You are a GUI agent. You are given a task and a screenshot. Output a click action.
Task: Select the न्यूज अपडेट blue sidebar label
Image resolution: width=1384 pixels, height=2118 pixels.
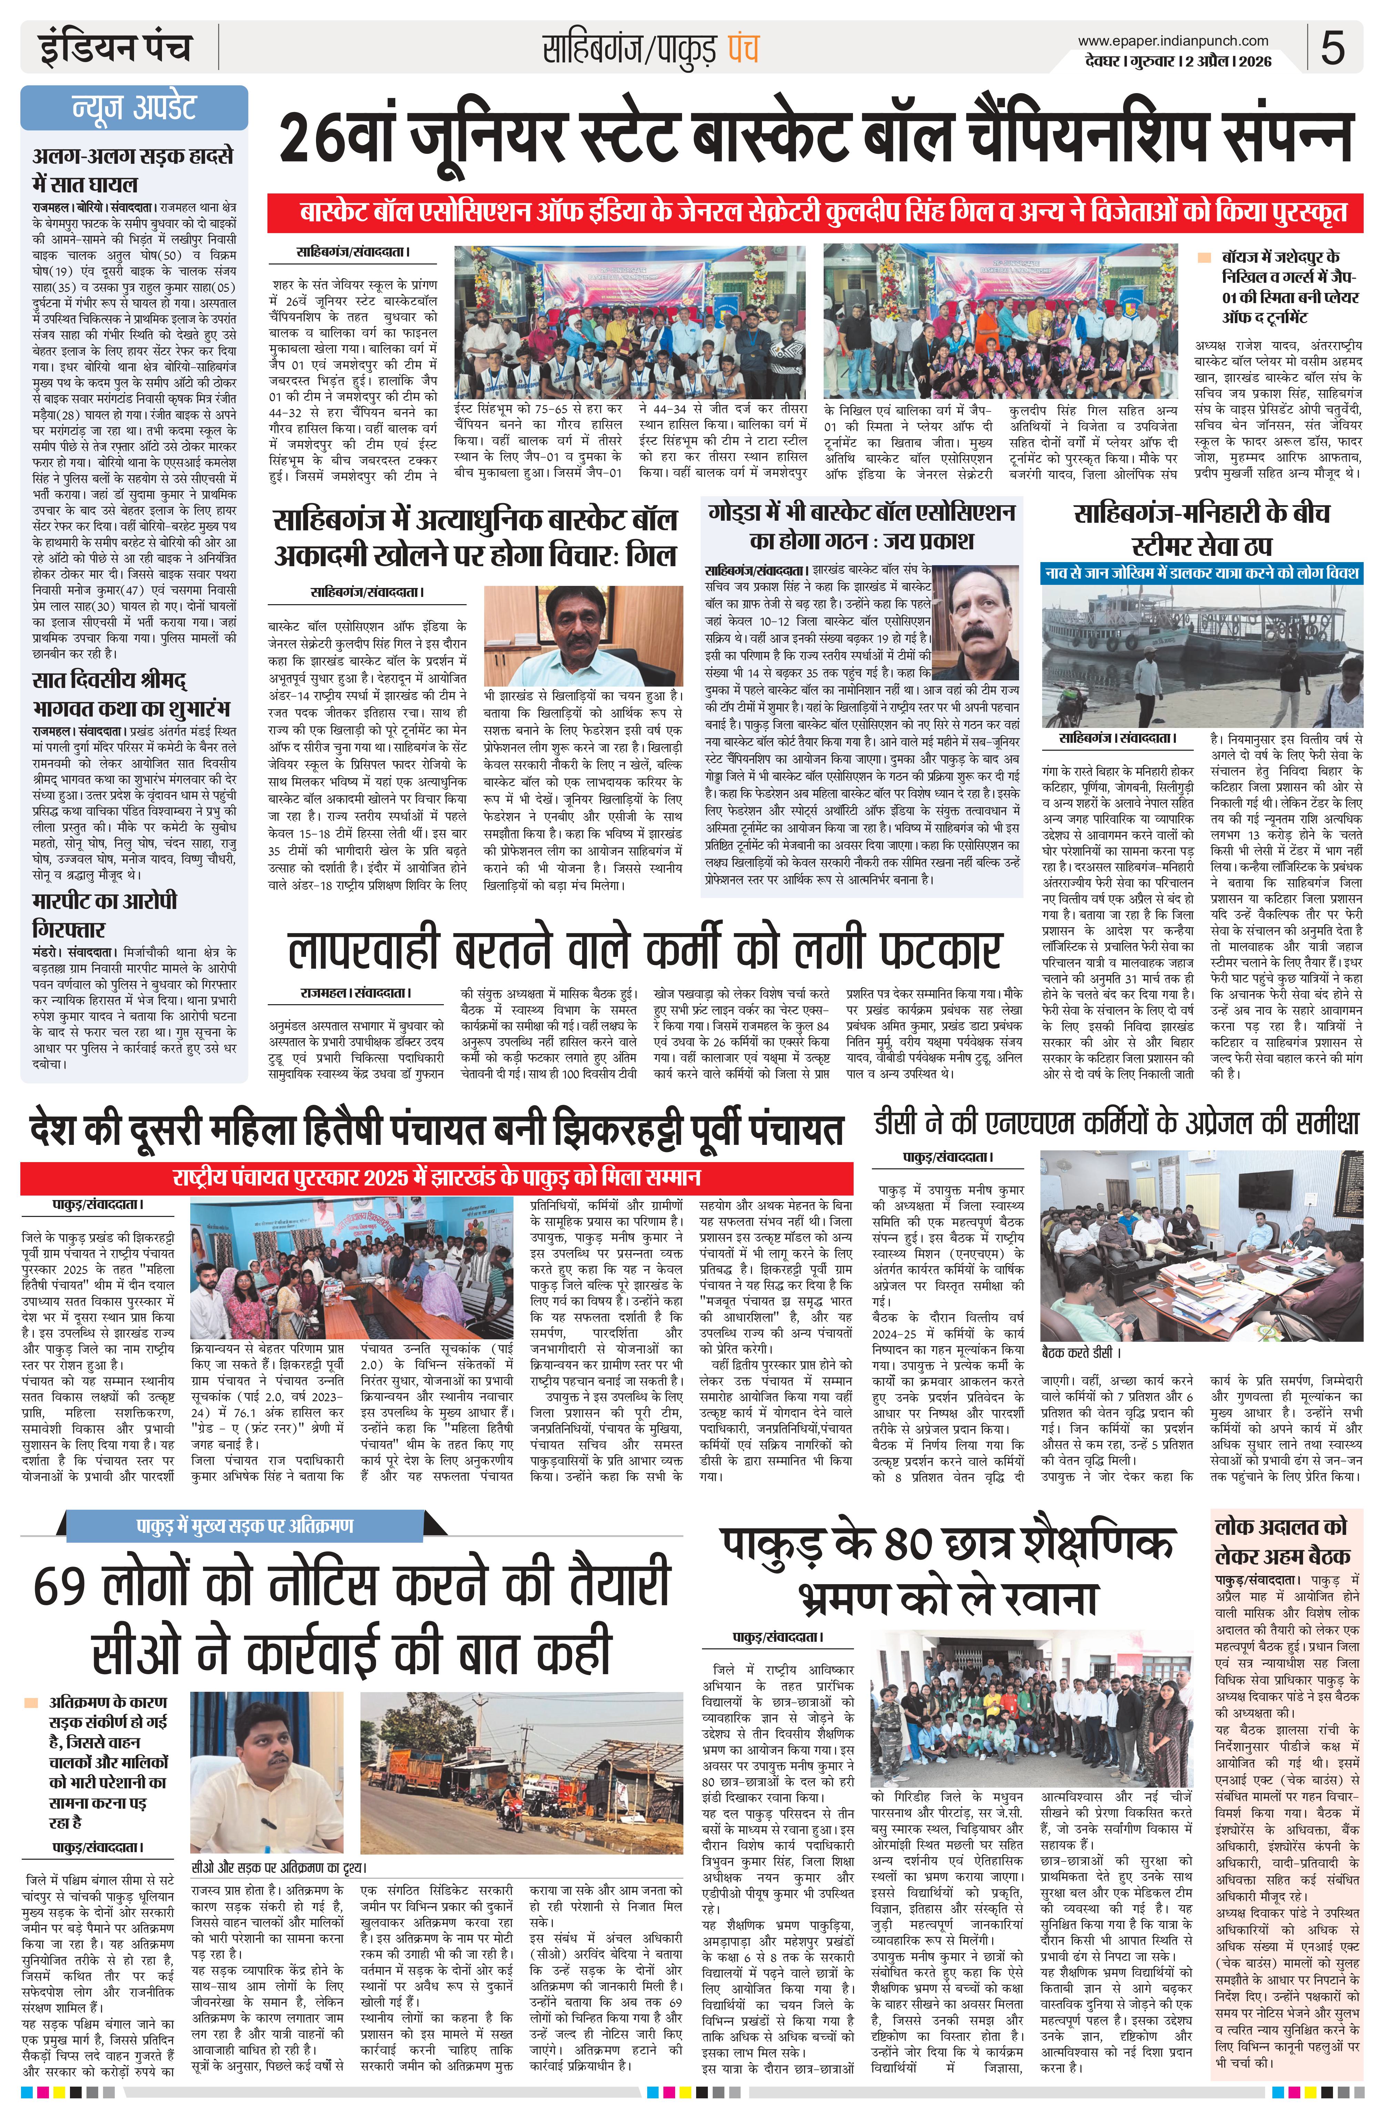coord(133,108)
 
